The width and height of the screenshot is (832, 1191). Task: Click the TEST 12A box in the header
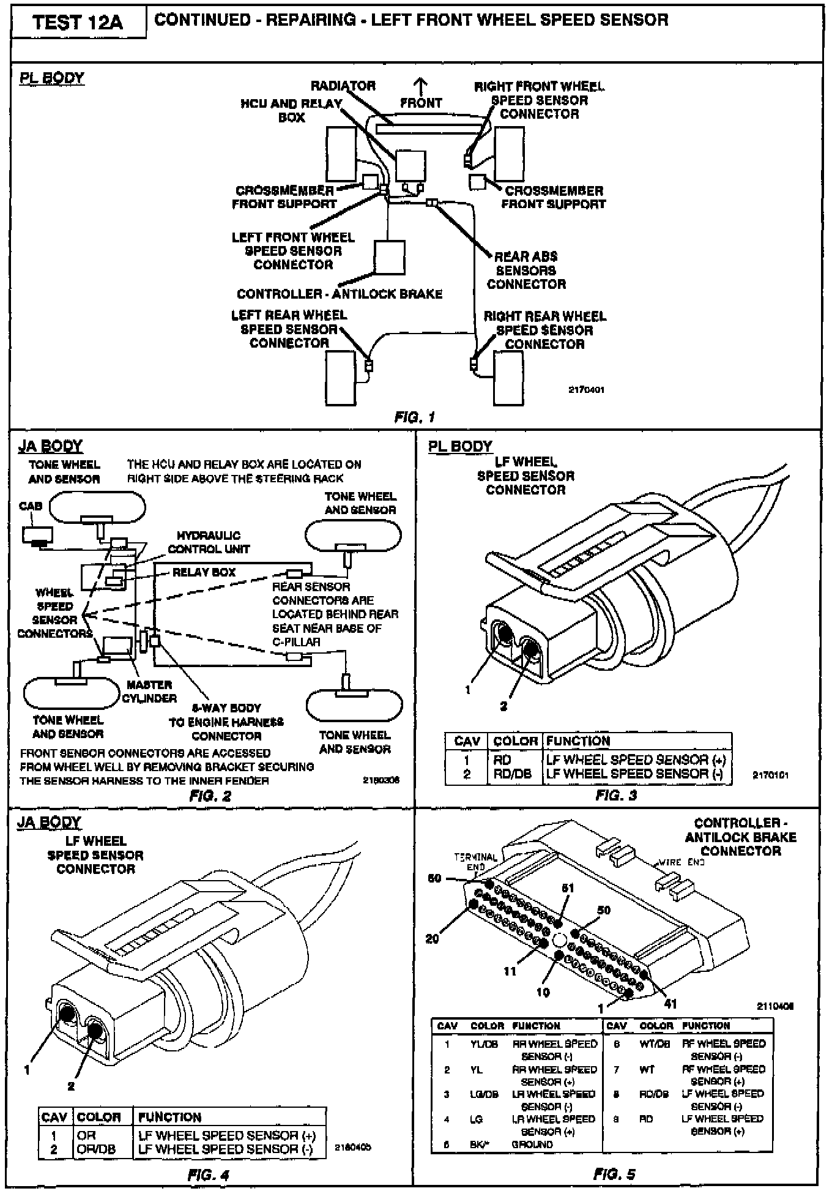(x=78, y=23)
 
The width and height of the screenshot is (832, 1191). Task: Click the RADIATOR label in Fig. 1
(x=343, y=86)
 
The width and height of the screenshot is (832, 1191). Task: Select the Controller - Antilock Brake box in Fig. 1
(x=389, y=257)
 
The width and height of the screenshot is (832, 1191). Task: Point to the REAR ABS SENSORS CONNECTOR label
(x=526, y=270)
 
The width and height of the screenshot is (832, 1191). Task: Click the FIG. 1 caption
(x=415, y=417)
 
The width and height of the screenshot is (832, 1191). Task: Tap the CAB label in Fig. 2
(x=31, y=506)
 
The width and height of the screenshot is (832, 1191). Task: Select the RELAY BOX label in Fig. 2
(x=204, y=572)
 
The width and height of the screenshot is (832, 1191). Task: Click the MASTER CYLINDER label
(x=150, y=691)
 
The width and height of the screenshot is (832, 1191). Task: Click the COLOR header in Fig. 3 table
(x=515, y=741)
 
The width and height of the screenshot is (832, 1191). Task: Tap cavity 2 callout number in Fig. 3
(x=503, y=706)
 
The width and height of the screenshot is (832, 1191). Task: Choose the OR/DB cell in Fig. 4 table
(x=95, y=1149)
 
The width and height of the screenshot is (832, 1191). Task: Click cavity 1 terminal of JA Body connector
(x=66, y=1014)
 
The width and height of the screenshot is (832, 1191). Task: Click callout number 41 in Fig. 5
(x=670, y=1003)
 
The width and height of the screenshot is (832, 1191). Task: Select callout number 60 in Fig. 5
(x=434, y=878)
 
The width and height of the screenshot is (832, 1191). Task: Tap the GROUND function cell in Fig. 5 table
(x=532, y=1144)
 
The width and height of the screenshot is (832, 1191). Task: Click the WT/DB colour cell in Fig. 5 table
(x=655, y=1044)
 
